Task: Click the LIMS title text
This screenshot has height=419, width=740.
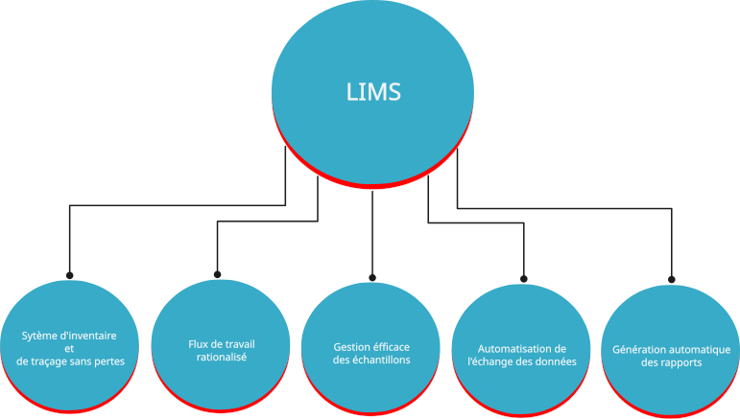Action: pyautogui.click(x=372, y=92)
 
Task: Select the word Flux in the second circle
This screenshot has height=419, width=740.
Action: pyautogui.click(x=199, y=343)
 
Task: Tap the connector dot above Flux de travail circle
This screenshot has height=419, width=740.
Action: pyautogui.click(x=218, y=275)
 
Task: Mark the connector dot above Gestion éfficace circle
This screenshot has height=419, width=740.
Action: pyautogui.click(x=371, y=278)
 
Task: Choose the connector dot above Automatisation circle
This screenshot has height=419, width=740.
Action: pyautogui.click(x=524, y=278)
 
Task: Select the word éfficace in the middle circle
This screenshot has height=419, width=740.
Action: pyautogui.click(x=394, y=347)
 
